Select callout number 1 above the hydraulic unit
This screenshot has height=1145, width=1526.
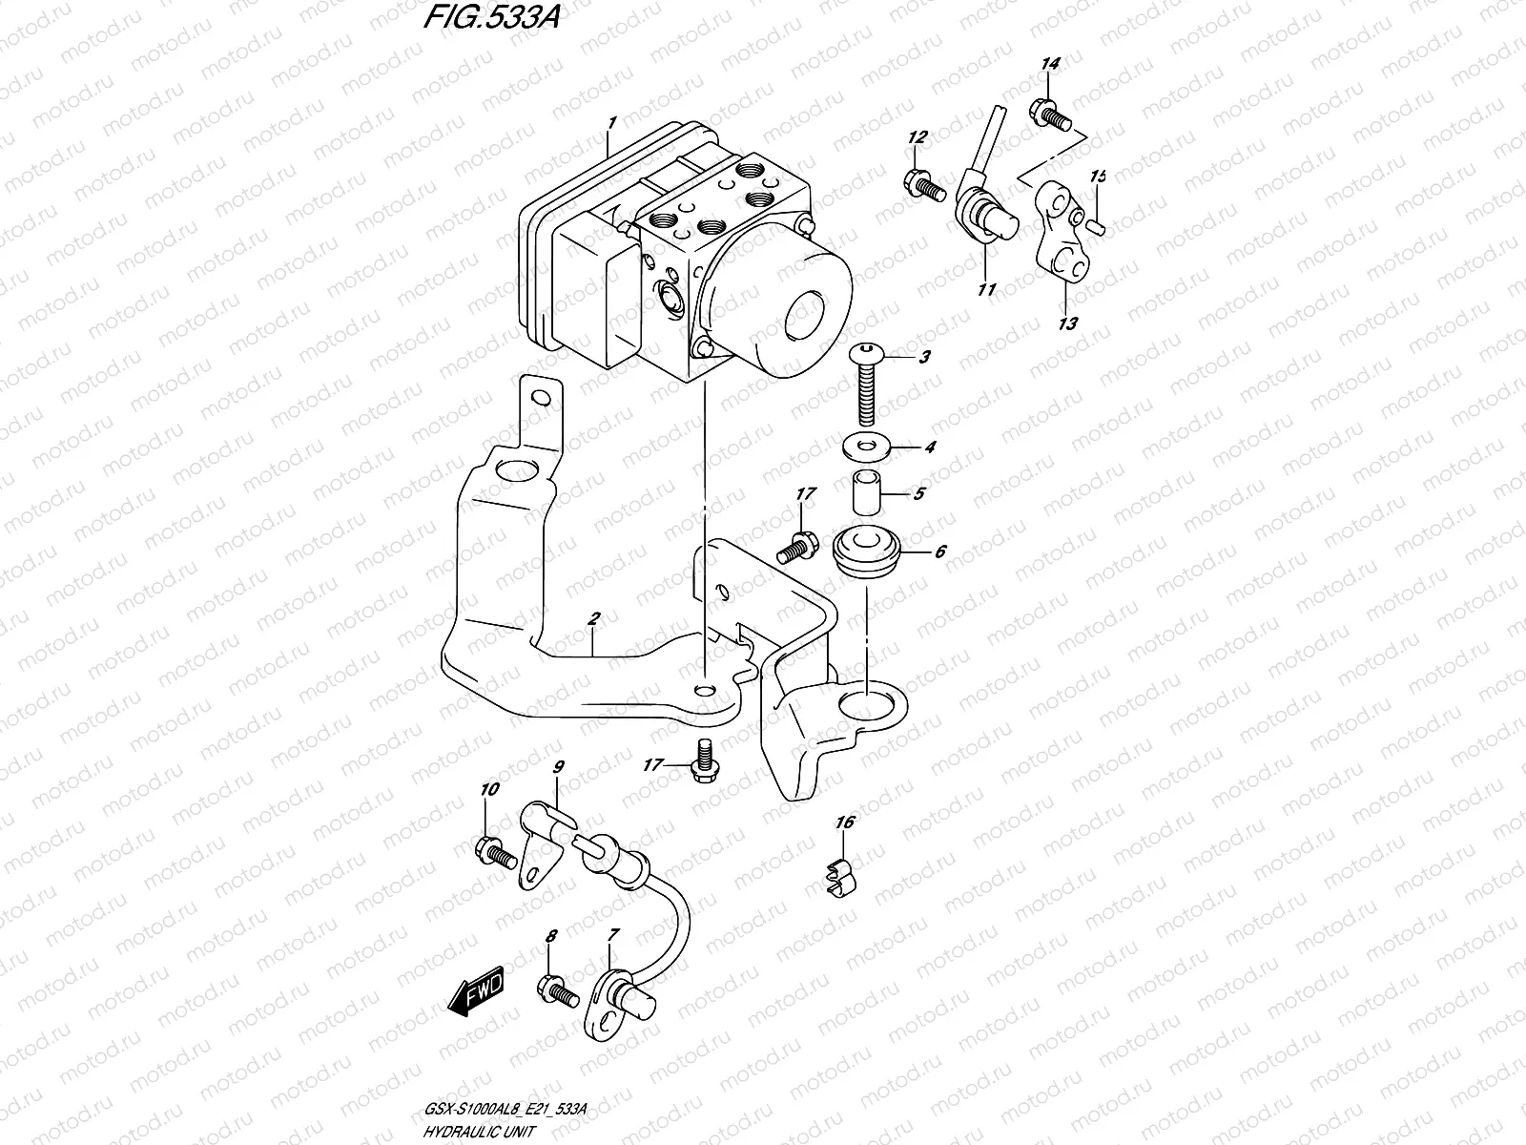[x=611, y=123]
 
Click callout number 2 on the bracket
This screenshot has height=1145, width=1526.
[x=592, y=620]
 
